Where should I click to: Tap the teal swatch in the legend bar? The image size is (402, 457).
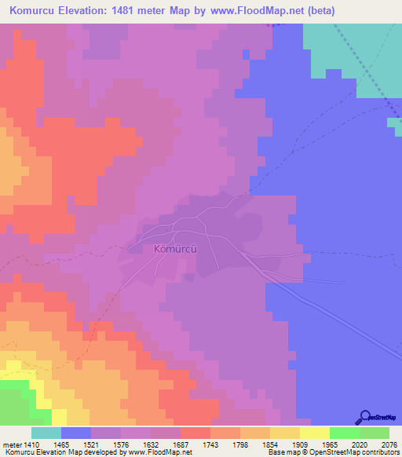[x=46, y=433]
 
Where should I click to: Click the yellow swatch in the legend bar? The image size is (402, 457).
[x=314, y=433]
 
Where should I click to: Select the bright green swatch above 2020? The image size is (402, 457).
[x=344, y=433]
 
